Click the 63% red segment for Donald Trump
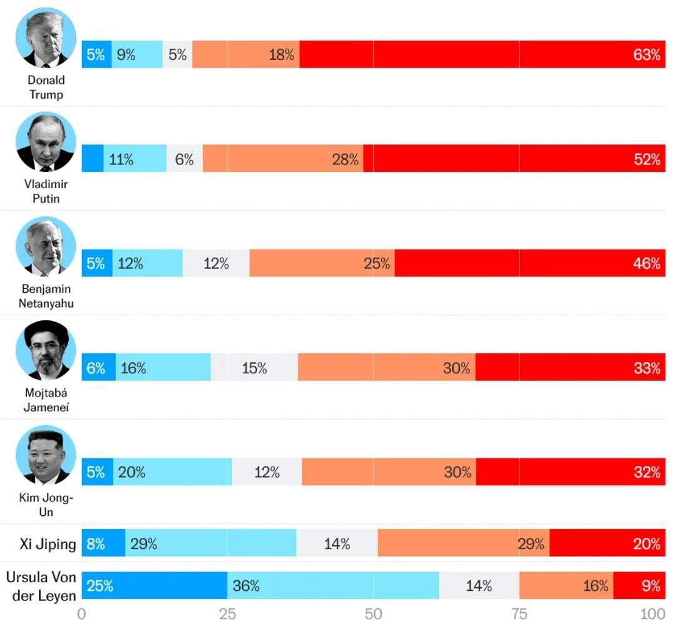point(482,54)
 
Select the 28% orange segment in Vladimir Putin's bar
point(283,159)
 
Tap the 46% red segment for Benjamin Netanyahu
point(530,263)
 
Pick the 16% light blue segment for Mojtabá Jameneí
point(163,368)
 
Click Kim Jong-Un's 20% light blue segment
point(172,472)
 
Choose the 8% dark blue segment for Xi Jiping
point(103,543)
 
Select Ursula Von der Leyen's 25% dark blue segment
point(154,586)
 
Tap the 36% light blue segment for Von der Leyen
point(333,586)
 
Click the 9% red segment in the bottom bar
point(639,586)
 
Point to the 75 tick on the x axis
point(519,613)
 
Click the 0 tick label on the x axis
point(82,613)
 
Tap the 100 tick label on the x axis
point(655,613)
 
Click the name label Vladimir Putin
point(46,191)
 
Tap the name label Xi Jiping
point(48,543)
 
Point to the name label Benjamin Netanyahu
point(46,296)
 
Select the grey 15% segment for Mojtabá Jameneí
point(254,368)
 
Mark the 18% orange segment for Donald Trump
point(246,54)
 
